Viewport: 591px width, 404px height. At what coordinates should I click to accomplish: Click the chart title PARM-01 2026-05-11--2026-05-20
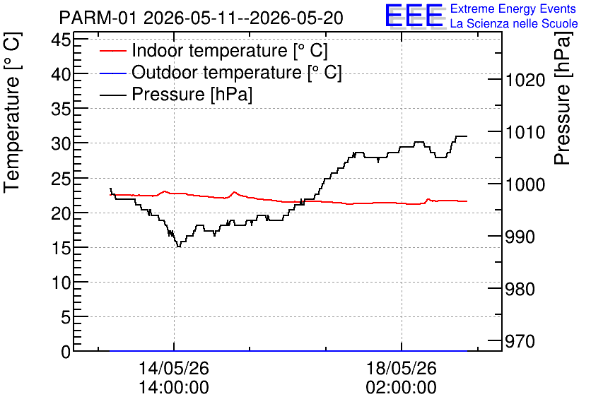tap(201, 18)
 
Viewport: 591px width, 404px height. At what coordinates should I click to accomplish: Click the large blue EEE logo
tap(414, 16)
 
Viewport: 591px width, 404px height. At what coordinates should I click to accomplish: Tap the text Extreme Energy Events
tap(513, 8)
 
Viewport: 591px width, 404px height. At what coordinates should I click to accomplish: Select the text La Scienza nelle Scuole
tap(514, 23)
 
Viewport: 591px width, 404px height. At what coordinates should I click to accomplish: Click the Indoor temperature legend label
tap(230, 50)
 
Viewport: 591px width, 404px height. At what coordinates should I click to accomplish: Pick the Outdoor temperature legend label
tap(236, 72)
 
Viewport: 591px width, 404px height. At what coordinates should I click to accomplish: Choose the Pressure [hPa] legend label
tap(192, 94)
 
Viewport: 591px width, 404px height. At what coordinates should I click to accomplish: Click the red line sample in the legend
tap(112, 51)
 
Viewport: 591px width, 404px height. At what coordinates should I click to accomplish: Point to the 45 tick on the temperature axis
tap(61, 39)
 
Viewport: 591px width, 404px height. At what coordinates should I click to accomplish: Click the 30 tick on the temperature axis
tap(61, 143)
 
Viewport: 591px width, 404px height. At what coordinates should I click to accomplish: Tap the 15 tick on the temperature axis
tap(61, 248)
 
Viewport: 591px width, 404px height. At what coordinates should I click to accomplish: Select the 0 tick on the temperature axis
tap(66, 352)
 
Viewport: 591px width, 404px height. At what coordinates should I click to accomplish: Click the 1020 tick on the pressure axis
tap(525, 81)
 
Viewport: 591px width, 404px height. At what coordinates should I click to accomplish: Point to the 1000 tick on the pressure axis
tap(525, 184)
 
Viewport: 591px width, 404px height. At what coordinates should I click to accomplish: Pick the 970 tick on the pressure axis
tap(520, 342)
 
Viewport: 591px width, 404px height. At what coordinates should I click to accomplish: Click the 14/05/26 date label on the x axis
tap(174, 368)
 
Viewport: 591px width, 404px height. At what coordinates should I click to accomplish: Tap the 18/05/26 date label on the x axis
tap(402, 368)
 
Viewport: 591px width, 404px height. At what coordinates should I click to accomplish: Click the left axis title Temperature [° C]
tap(12, 112)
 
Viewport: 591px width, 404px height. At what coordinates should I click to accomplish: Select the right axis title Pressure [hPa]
tap(562, 98)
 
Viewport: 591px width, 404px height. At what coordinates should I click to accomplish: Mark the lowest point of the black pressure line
tap(179, 246)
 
